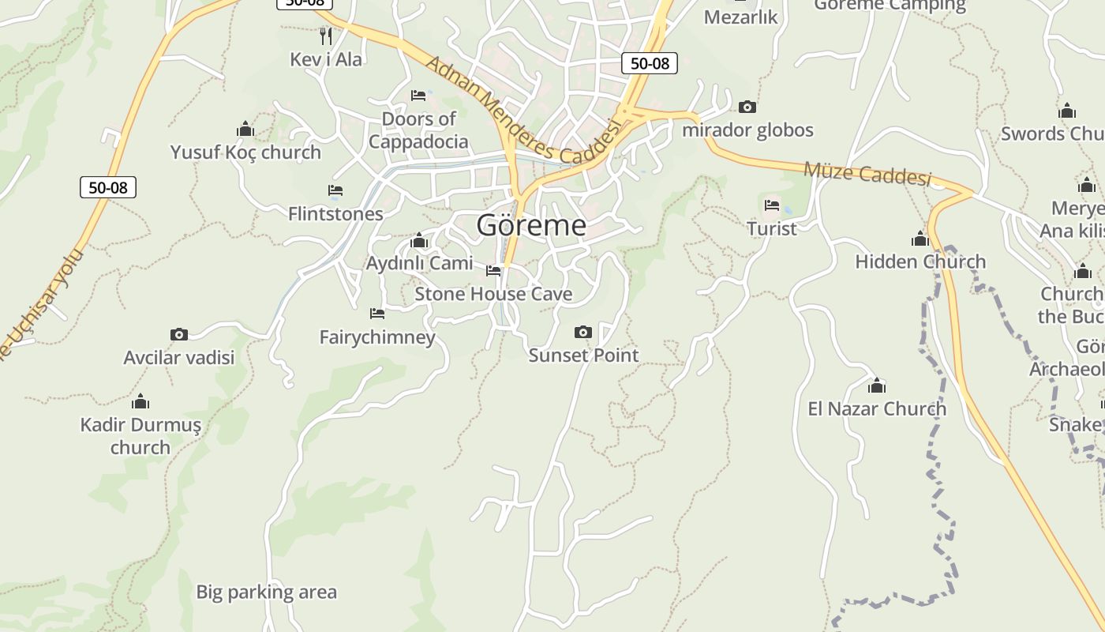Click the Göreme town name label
tap(531, 226)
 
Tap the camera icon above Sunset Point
tap(583, 332)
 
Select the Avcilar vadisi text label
tap(179, 357)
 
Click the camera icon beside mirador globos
tap(747, 107)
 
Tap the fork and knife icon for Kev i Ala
tap(325, 36)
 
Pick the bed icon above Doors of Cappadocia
tap(418, 96)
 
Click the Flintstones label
tap(335, 213)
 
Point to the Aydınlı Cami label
tap(419, 263)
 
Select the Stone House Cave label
tap(493, 294)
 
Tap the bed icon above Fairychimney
tap(377, 314)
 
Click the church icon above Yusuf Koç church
tap(245, 129)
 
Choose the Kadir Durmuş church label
tap(140, 436)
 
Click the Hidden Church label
tap(920, 261)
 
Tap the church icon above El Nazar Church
tap(876, 386)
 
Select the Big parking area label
tap(266, 592)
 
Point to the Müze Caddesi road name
tap(867, 174)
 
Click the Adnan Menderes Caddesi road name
tap(519, 110)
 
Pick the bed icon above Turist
tap(772, 205)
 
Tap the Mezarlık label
tap(740, 17)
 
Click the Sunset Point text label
tap(583, 355)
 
